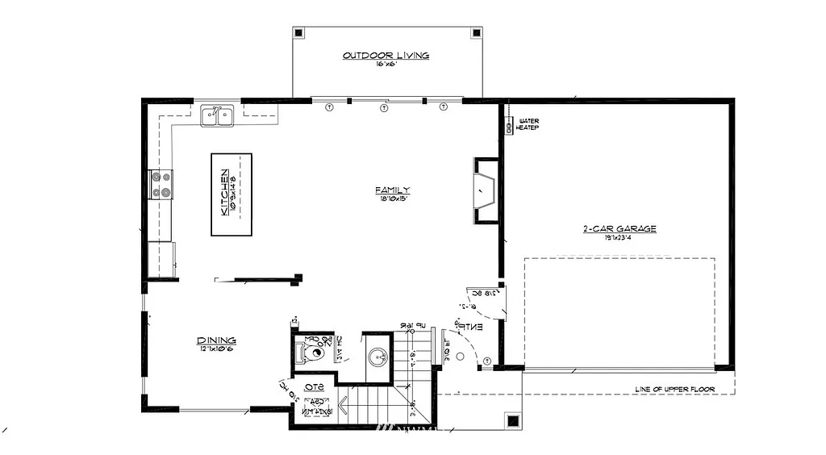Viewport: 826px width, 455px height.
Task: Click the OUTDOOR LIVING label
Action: pos(386,56)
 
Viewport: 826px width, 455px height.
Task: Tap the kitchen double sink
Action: pos(217,116)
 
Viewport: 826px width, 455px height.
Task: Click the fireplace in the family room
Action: pos(486,190)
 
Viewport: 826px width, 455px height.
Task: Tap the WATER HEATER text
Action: pos(528,124)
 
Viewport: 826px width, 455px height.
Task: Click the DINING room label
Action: pos(216,340)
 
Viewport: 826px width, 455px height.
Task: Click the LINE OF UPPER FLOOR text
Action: pos(675,389)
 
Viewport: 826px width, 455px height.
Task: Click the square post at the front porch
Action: pos(512,420)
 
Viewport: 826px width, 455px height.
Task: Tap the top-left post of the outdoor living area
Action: pos(299,34)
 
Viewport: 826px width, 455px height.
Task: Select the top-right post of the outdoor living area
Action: pos(476,34)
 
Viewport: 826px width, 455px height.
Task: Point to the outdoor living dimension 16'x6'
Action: pos(386,64)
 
